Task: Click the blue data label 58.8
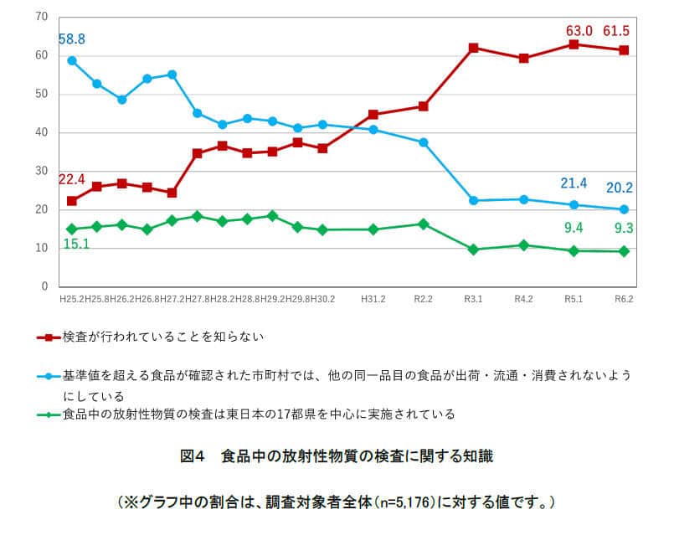(x=71, y=39)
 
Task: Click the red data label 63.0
(x=578, y=31)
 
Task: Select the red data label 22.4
(x=71, y=179)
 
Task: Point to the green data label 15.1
(x=75, y=245)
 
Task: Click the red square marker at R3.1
(x=473, y=48)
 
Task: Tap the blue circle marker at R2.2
(x=423, y=142)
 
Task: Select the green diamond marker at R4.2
(x=523, y=245)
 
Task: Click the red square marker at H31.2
(x=373, y=115)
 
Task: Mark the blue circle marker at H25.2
(x=72, y=61)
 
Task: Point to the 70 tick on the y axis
(x=42, y=18)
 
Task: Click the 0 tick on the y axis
(x=44, y=287)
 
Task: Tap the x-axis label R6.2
(x=624, y=299)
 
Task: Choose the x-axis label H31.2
(x=373, y=299)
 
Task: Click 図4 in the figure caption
(x=193, y=456)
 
